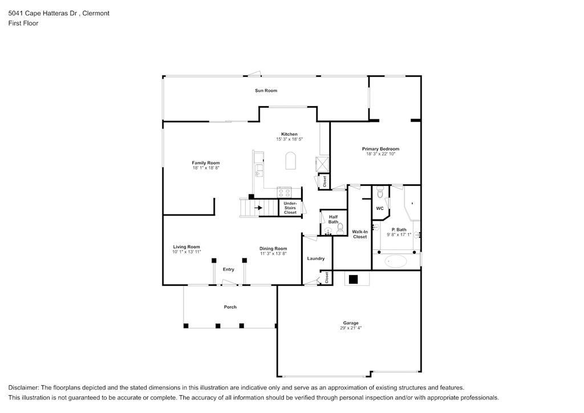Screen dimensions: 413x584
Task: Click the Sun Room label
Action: (x=266, y=91)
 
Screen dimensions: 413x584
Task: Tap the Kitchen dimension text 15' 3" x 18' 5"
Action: (x=289, y=139)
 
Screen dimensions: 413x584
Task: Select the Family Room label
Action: (x=205, y=163)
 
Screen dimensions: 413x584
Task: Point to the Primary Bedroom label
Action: (x=380, y=149)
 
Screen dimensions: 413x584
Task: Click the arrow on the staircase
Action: (x=258, y=208)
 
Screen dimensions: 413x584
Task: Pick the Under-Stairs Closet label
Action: (x=290, y=208)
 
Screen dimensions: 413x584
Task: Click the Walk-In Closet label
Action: (x=359, y=234)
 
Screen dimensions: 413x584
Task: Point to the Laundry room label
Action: (x=315, y=258)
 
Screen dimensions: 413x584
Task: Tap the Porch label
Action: (x=230, y=307)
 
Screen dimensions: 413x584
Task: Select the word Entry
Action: (x=228, y=269)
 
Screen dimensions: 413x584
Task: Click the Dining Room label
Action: (x=273, y=248)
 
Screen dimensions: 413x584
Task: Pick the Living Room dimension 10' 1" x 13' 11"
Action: (x=186, y=252)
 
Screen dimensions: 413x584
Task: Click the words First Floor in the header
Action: (x=23, y=23)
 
